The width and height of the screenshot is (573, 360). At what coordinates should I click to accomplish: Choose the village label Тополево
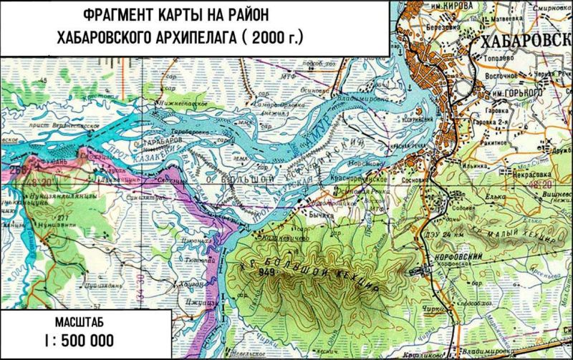504,62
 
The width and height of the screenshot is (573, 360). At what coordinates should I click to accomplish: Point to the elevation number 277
42,218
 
